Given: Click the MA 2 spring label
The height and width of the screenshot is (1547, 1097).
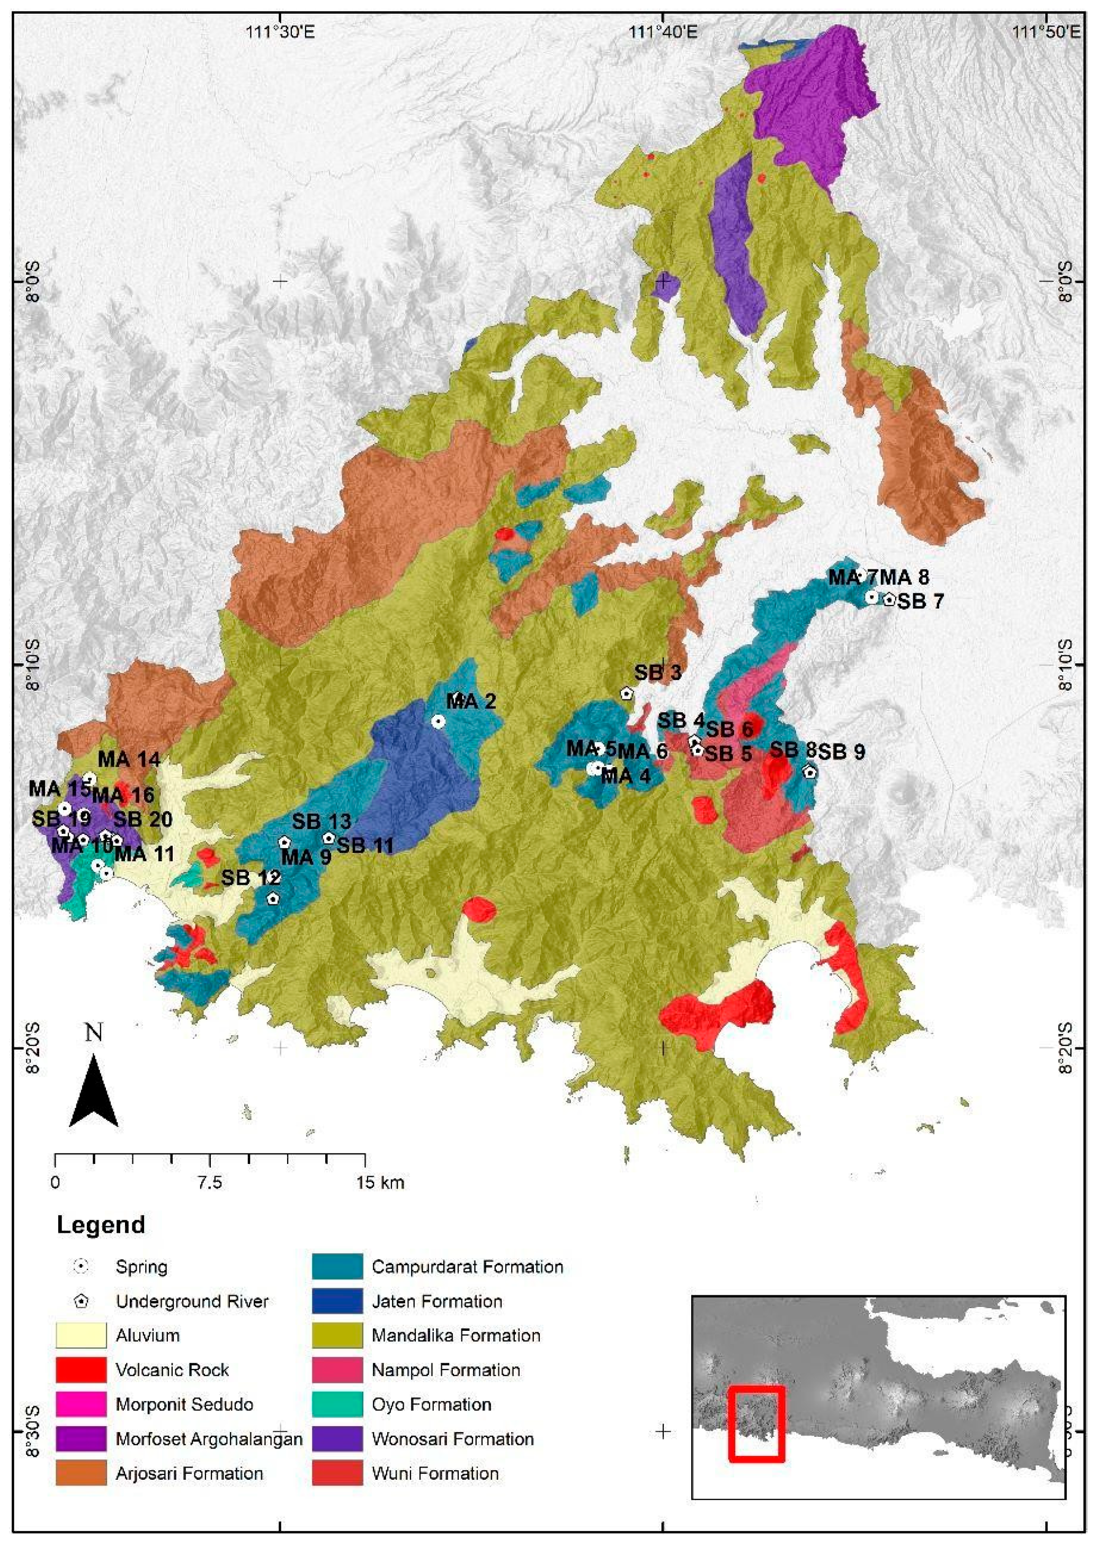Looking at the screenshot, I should (471, 701).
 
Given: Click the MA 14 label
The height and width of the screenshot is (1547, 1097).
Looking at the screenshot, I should (129, 759).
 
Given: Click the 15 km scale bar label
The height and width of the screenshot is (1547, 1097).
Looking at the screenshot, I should (380, 1183).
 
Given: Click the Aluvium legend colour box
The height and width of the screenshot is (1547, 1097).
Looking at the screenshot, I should (81, 1336).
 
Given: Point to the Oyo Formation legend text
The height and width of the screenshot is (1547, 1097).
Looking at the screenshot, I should (431, 1404).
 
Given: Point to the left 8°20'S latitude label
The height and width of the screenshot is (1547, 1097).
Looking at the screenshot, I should (32, 1048).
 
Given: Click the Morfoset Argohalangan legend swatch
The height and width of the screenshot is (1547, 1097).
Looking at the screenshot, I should (81, 1439).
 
